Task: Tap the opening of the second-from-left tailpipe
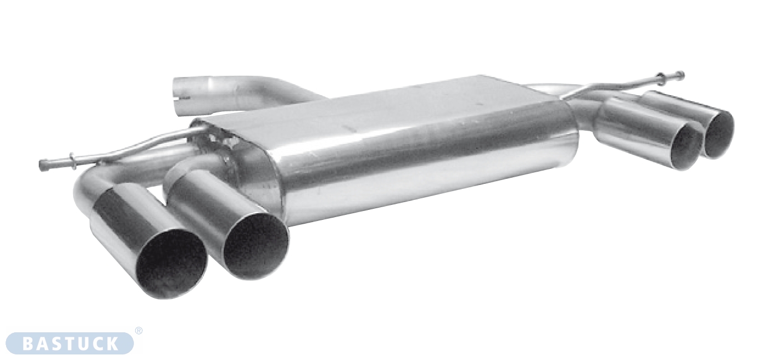coord(256,245)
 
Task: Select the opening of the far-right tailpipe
coord(719,135)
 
